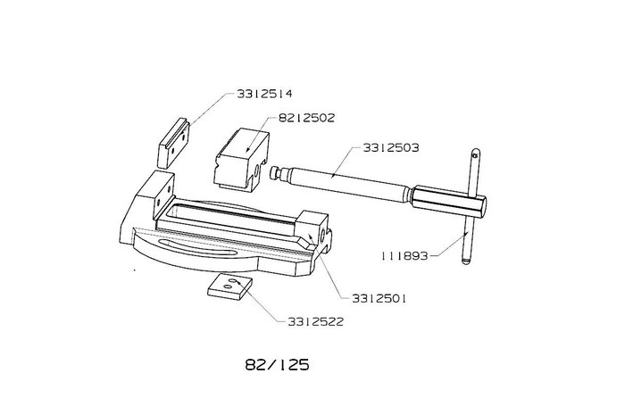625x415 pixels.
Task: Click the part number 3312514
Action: point(264,94)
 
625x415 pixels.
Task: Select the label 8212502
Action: point(306,118)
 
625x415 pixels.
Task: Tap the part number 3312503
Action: point(391,148)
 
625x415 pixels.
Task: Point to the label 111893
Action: point(404,255)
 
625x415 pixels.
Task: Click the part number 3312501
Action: point(379,298)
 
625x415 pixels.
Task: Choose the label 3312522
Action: point(316,321)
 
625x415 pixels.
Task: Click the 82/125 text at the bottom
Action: point(277,365)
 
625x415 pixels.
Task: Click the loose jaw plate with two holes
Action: point(173,143)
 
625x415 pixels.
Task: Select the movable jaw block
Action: point(241,161)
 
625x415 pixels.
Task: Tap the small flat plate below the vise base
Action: point(230,286)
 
